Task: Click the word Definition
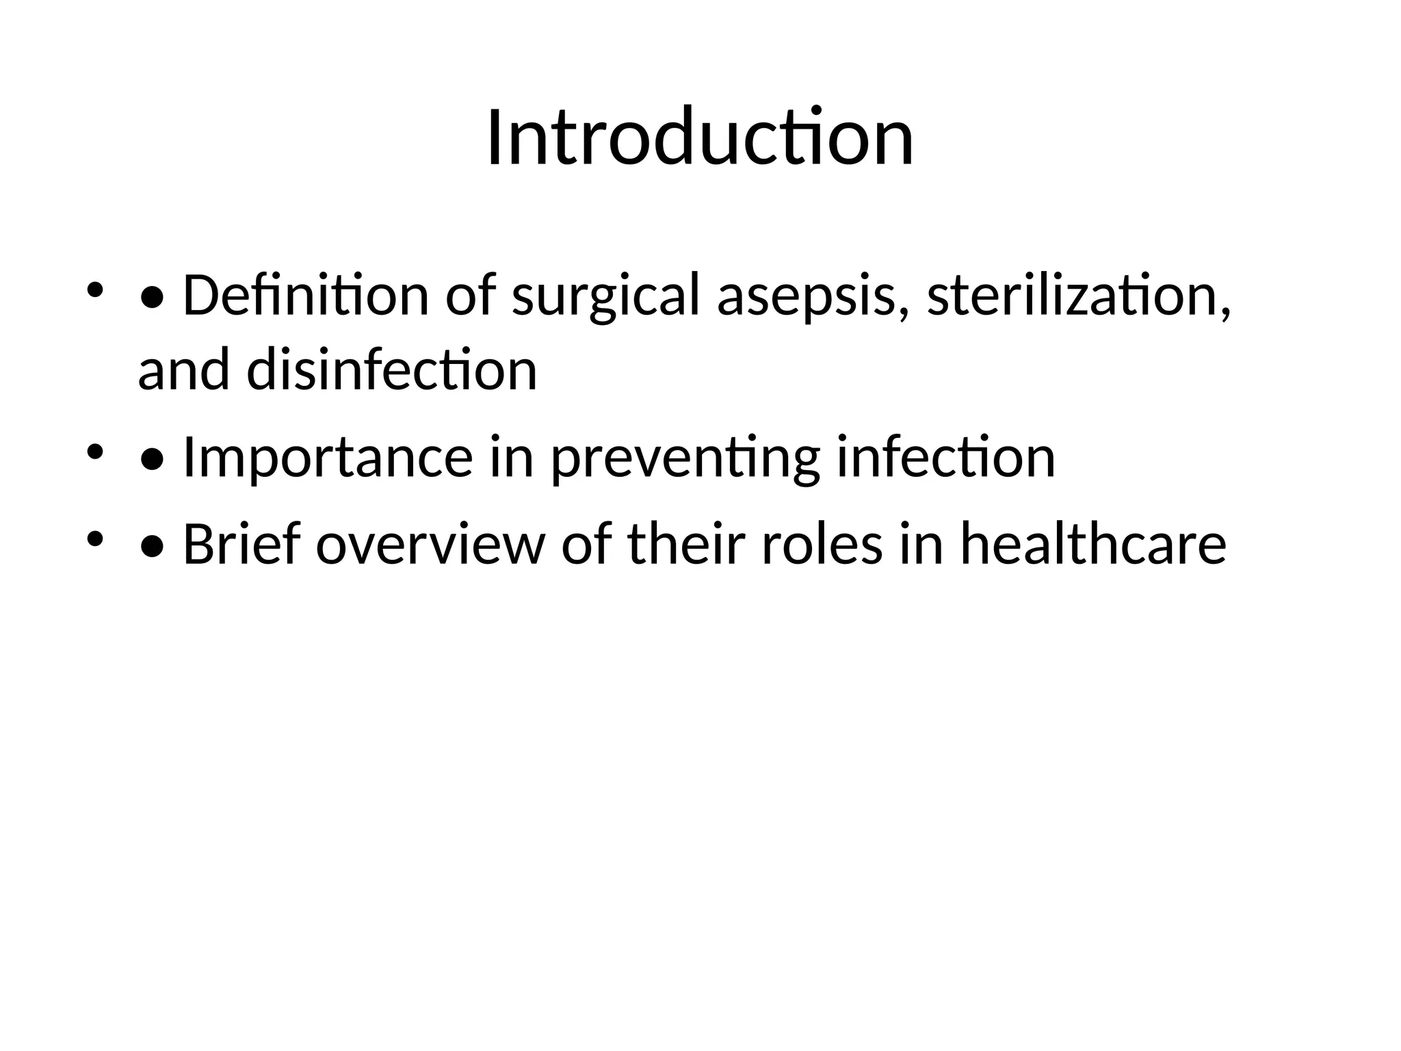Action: tap(305, 295)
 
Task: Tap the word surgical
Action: tap(606, 296)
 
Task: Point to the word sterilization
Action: tap(1079, 295)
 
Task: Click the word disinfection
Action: tap(391, 370)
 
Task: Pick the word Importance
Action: tap(328, 458)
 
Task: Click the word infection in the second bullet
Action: tap(945, 456)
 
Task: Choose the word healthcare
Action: tap(1092, 544)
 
